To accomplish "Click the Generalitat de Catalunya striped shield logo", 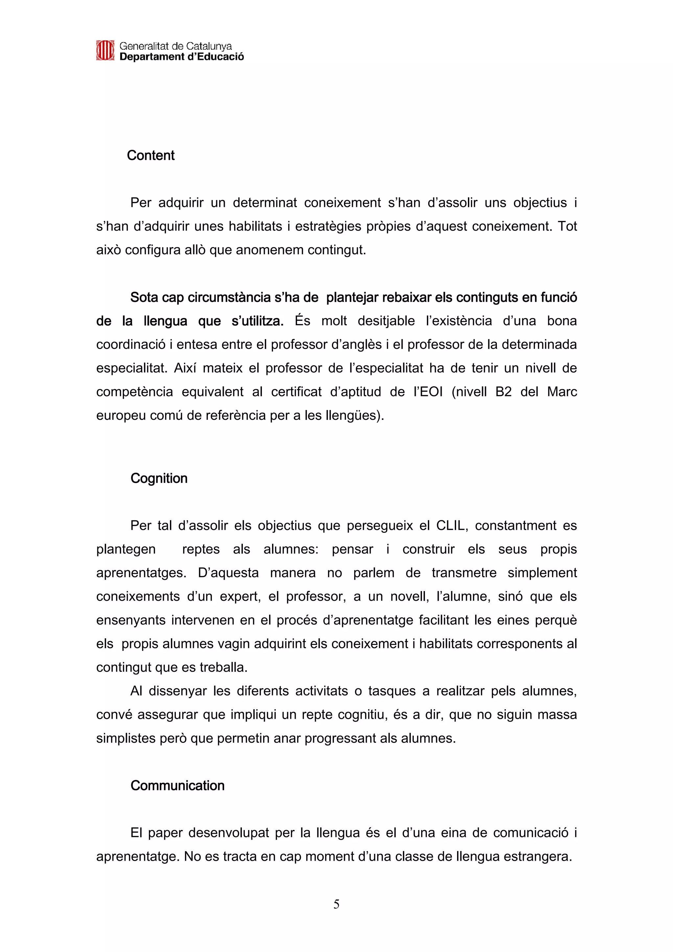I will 105,51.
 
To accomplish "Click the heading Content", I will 151,155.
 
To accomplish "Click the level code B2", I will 503,392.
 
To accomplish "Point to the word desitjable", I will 386,321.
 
